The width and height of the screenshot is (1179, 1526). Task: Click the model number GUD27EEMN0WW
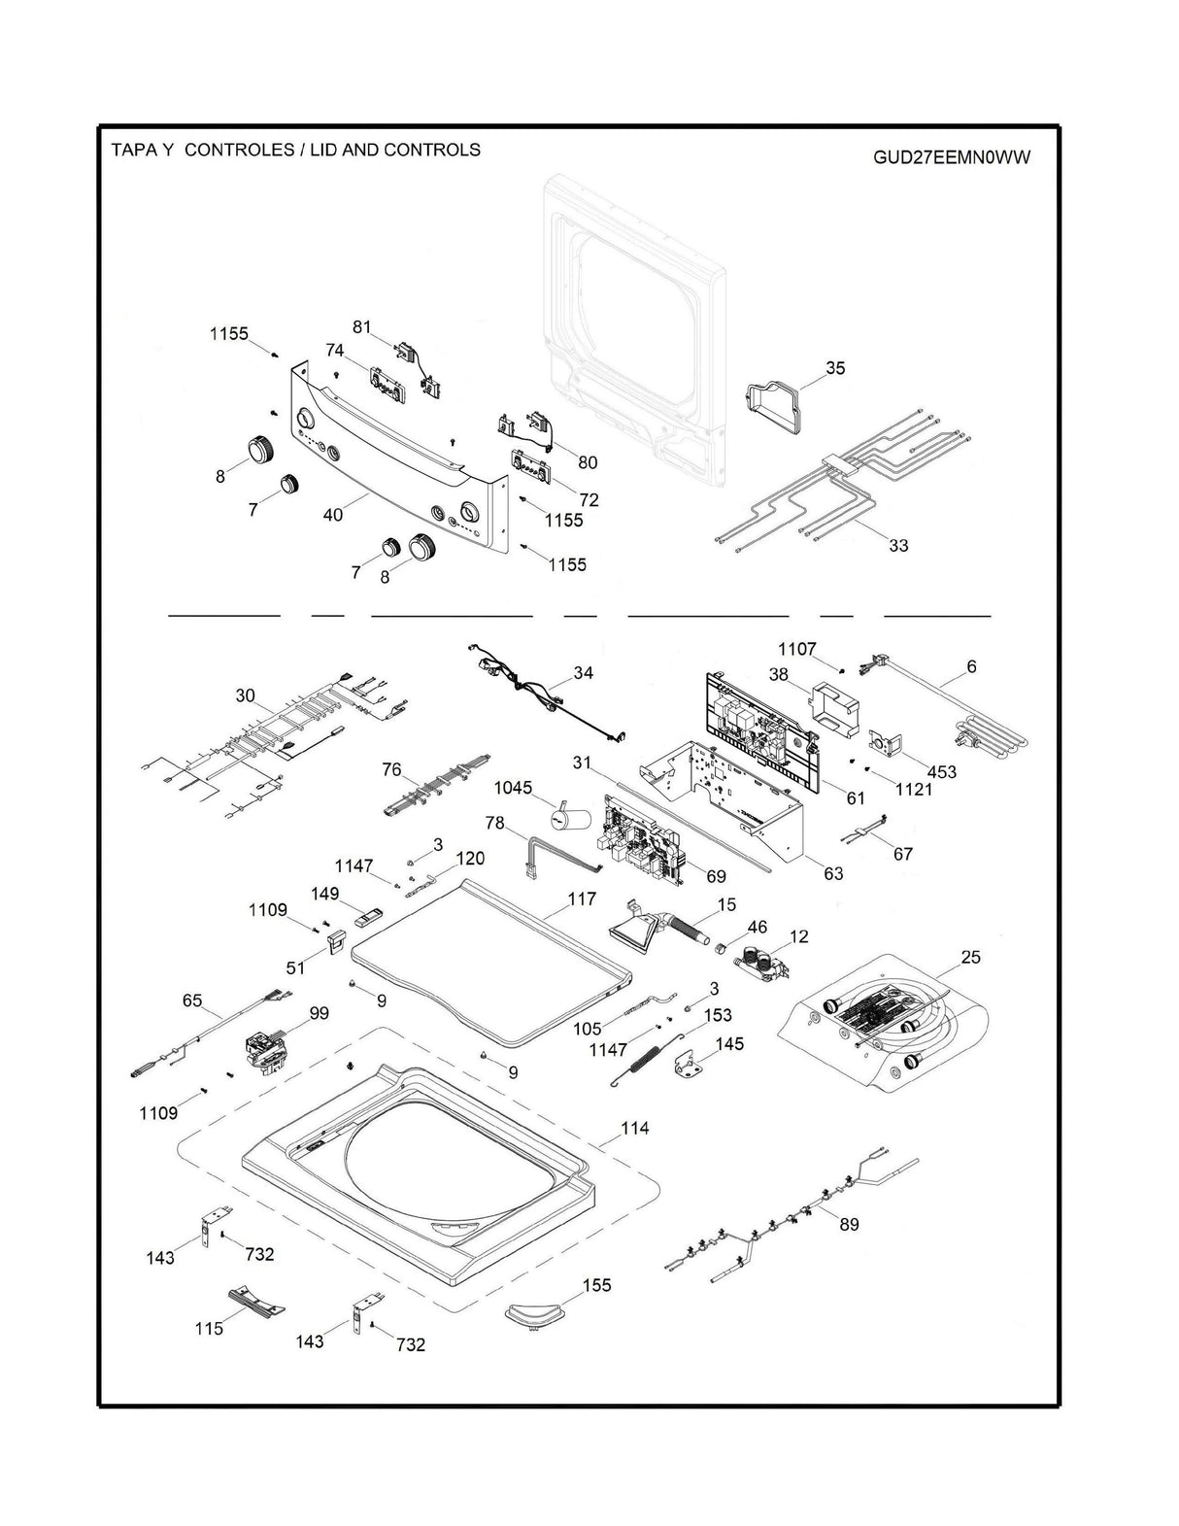click(950, 158)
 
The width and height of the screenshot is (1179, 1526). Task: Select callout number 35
click(835, 368)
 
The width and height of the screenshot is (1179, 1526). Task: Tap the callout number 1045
click(513, 787)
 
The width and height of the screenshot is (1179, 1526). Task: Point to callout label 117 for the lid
click(582, 899)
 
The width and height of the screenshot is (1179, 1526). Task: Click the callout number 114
click(634, 1129)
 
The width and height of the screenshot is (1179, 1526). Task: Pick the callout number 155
click(596, 1285)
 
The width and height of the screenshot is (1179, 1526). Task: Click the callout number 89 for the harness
click(849, 1225)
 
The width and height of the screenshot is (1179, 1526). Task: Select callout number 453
click(941, 772)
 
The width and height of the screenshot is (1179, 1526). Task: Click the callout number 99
click(319, 1013)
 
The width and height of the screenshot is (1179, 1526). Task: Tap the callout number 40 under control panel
click(332, 515)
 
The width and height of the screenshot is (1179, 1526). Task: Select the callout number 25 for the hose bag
click(970, 958)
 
